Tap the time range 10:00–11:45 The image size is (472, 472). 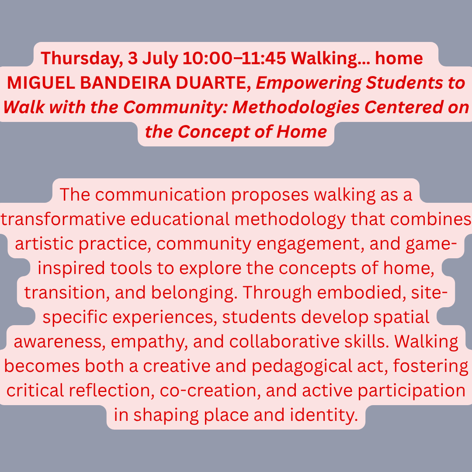pyautogui.click(x=234, y=58)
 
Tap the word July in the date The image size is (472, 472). pyautogui.click(x=160, y=59)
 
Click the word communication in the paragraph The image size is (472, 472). pyautogui.click(x=160, y=194)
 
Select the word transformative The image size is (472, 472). pyautogui.click(x=63, y=219)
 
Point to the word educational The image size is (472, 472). pyautogui.click(x=180, y=219)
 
